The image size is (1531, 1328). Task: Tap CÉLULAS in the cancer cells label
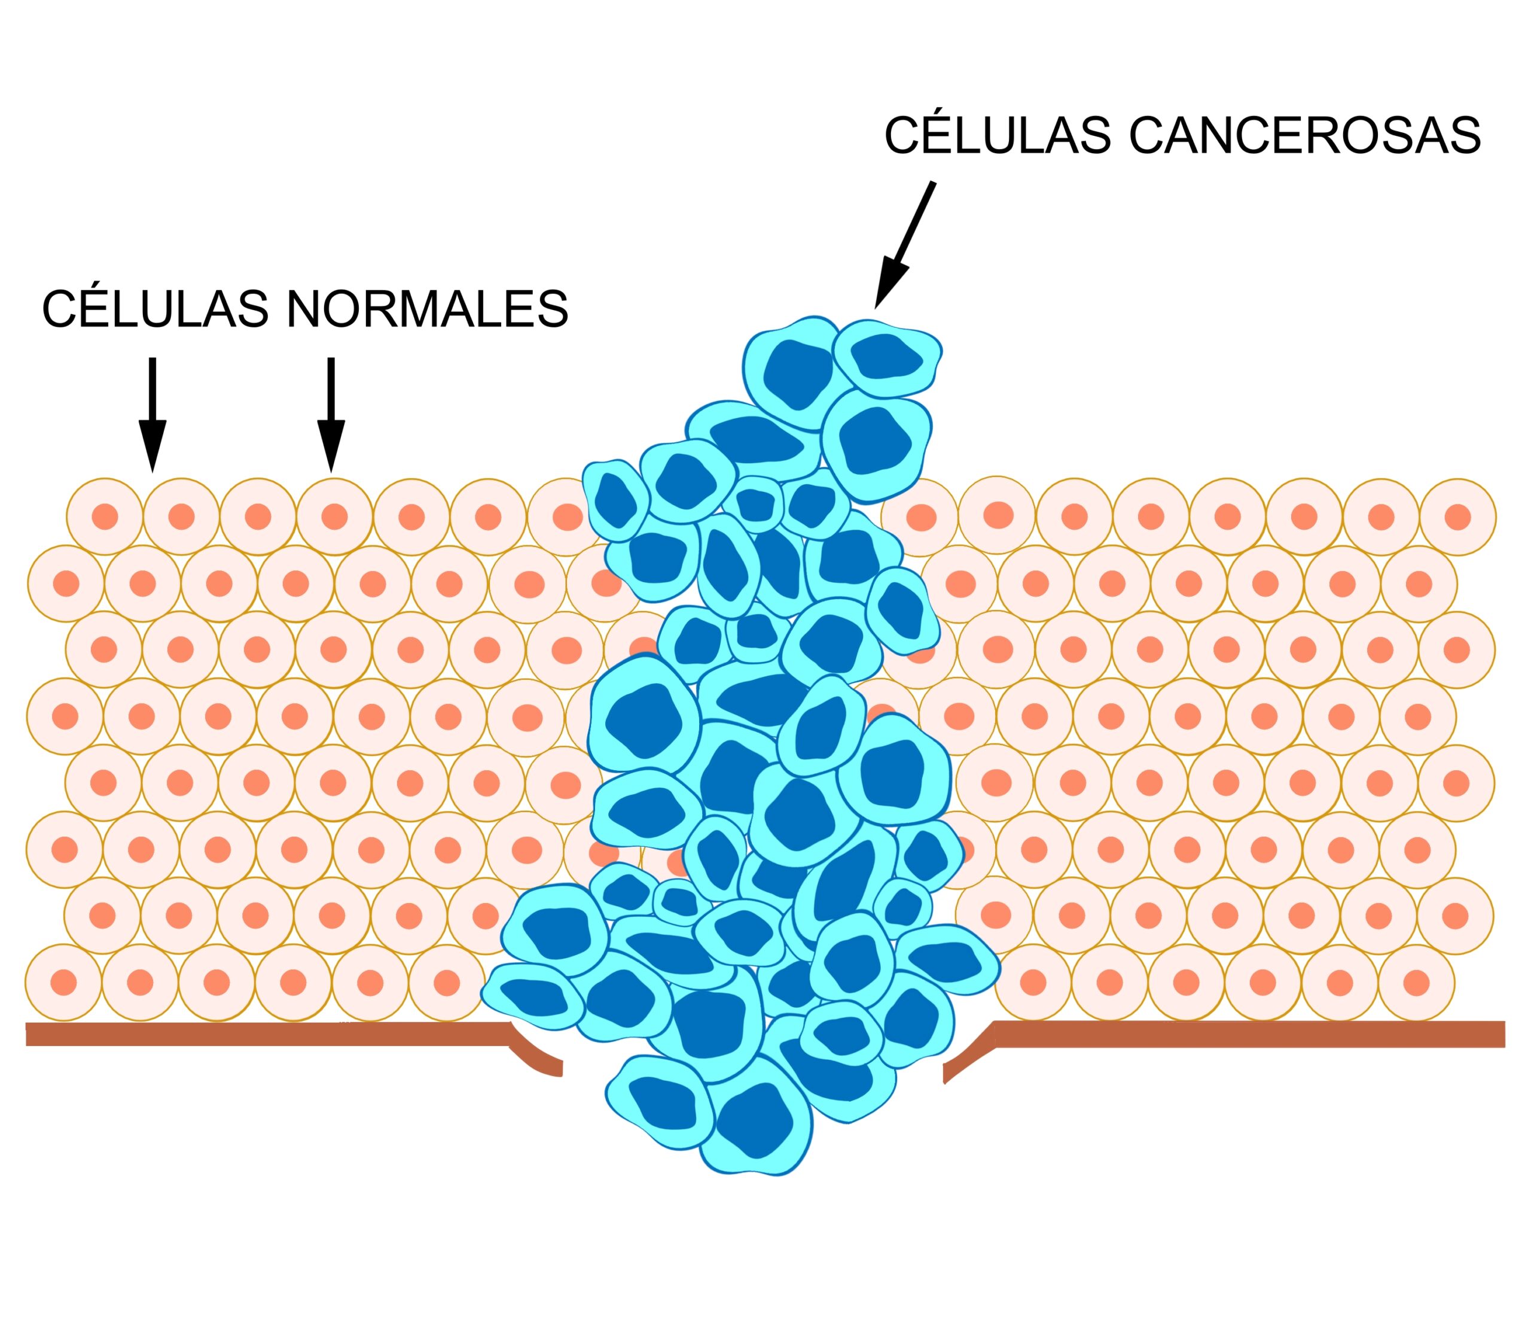pyautogui.click(x=998, y=136)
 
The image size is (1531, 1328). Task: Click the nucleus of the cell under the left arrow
pyautogui.click(x=181, y=516)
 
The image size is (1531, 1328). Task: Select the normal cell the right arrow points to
pyautogui.click(x=334, y=516)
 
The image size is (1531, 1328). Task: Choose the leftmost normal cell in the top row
pyautogui.click(x=105, y=516)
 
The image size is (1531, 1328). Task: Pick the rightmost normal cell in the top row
pyautogui.click(x=1457, y=516)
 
